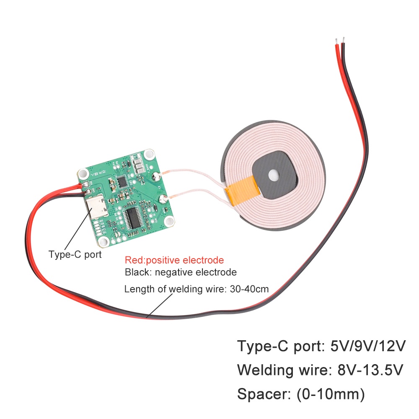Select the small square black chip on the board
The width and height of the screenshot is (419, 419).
[122, 181]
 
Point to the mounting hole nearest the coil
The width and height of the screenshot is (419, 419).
[169, 221]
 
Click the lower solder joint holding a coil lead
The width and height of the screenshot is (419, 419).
[163, 199]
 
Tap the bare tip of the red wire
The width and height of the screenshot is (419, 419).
[336, 41]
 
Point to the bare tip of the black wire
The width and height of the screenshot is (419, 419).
[343, 40]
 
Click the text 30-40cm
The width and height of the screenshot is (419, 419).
[249, 289]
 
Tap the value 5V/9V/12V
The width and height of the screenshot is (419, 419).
[368, 346]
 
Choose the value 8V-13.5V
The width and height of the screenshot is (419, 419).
[370, 370]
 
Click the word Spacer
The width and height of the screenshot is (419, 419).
[264, 394]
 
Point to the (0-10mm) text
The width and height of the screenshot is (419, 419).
[331, 394]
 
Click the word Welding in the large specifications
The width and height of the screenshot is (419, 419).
[265, 371]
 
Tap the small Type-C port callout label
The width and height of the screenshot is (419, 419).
[75, 254]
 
